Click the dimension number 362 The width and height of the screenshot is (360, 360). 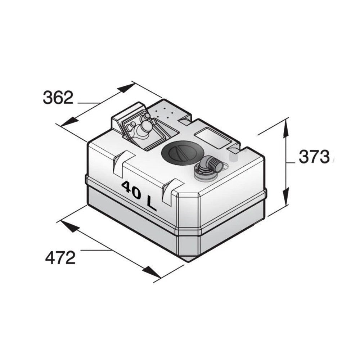point(58,98)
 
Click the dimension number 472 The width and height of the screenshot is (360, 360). point(60,258)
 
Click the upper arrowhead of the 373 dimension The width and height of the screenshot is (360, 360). point(286,129)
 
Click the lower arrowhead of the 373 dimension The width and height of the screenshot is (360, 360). point(286,196)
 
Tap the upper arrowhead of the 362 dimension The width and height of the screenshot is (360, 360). point(126,88)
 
